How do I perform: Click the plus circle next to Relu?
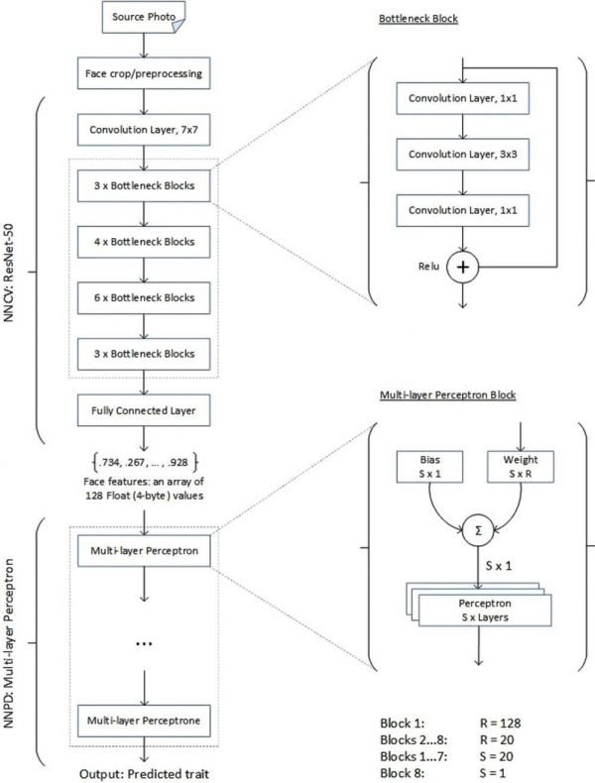point(464,267)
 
